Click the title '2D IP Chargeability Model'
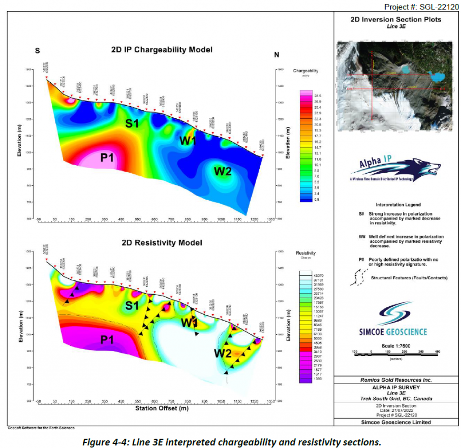(162, 49)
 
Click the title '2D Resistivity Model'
(162, 242)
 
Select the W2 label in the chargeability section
(223, 171)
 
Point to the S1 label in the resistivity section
(131, 306)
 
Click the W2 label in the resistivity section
(223, 354)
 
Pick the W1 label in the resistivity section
(189, 323)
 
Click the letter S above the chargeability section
(37, 50)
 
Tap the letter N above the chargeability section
(276, 55)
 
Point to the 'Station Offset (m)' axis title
(162, 409)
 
